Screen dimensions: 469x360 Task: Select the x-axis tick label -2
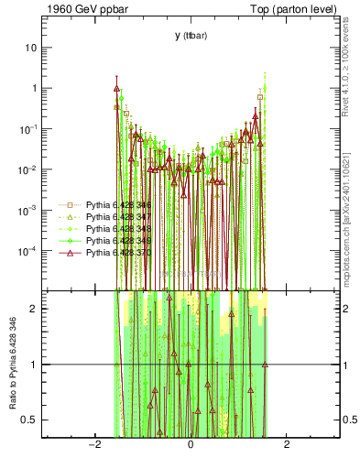click(x=93, y=445)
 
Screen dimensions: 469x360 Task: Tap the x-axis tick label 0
click(x=191, y=445)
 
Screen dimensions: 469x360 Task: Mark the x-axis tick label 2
click(x=287, y=445)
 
